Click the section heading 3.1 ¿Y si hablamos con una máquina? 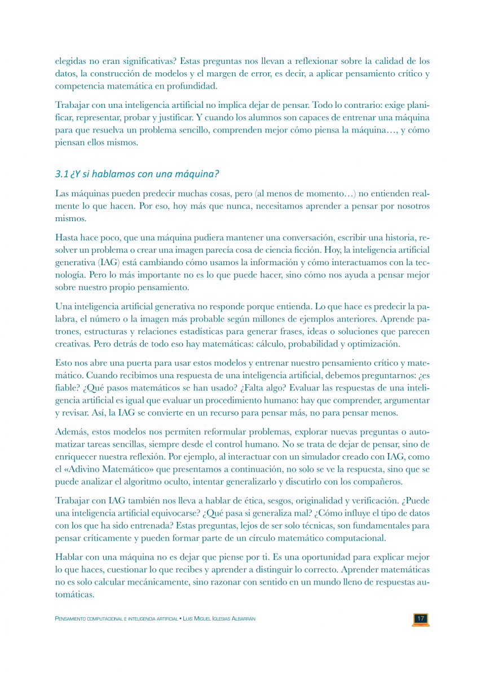(137, 173)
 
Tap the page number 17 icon (420, 619)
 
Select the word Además (70, 432)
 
